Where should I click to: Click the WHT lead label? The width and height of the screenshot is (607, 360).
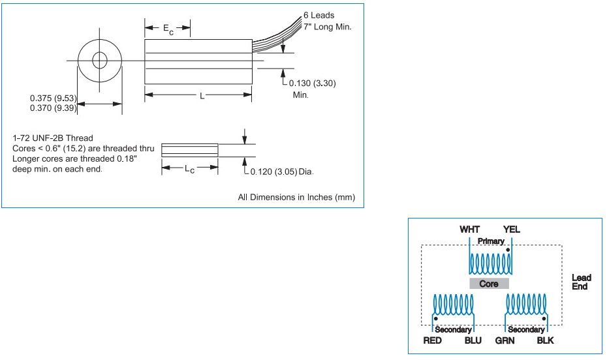[x=469, y=230]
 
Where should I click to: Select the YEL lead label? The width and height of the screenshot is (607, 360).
[x=511, y=230]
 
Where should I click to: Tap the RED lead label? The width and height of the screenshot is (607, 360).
[x=433, y=341]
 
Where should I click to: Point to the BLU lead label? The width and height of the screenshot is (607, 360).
[x=474, y=341]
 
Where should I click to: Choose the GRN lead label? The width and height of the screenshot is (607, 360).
[x=505, y=341]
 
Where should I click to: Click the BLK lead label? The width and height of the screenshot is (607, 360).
[x=546, y=341]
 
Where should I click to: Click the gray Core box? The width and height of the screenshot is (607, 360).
[x=489, y=284]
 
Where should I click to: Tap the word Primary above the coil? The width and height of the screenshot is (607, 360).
[x=490, y=241]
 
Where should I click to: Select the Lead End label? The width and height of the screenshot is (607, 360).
[x=581, y=282]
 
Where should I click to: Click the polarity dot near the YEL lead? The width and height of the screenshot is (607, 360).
[x=507, y=250]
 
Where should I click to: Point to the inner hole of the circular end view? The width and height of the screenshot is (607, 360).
[x=100, y=61]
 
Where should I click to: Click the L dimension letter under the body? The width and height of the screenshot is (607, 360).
[x=202, y=96]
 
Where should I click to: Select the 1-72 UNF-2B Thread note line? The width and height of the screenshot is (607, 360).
[x=53, y=138]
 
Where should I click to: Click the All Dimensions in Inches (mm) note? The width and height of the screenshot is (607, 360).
[x=296, y=197]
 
